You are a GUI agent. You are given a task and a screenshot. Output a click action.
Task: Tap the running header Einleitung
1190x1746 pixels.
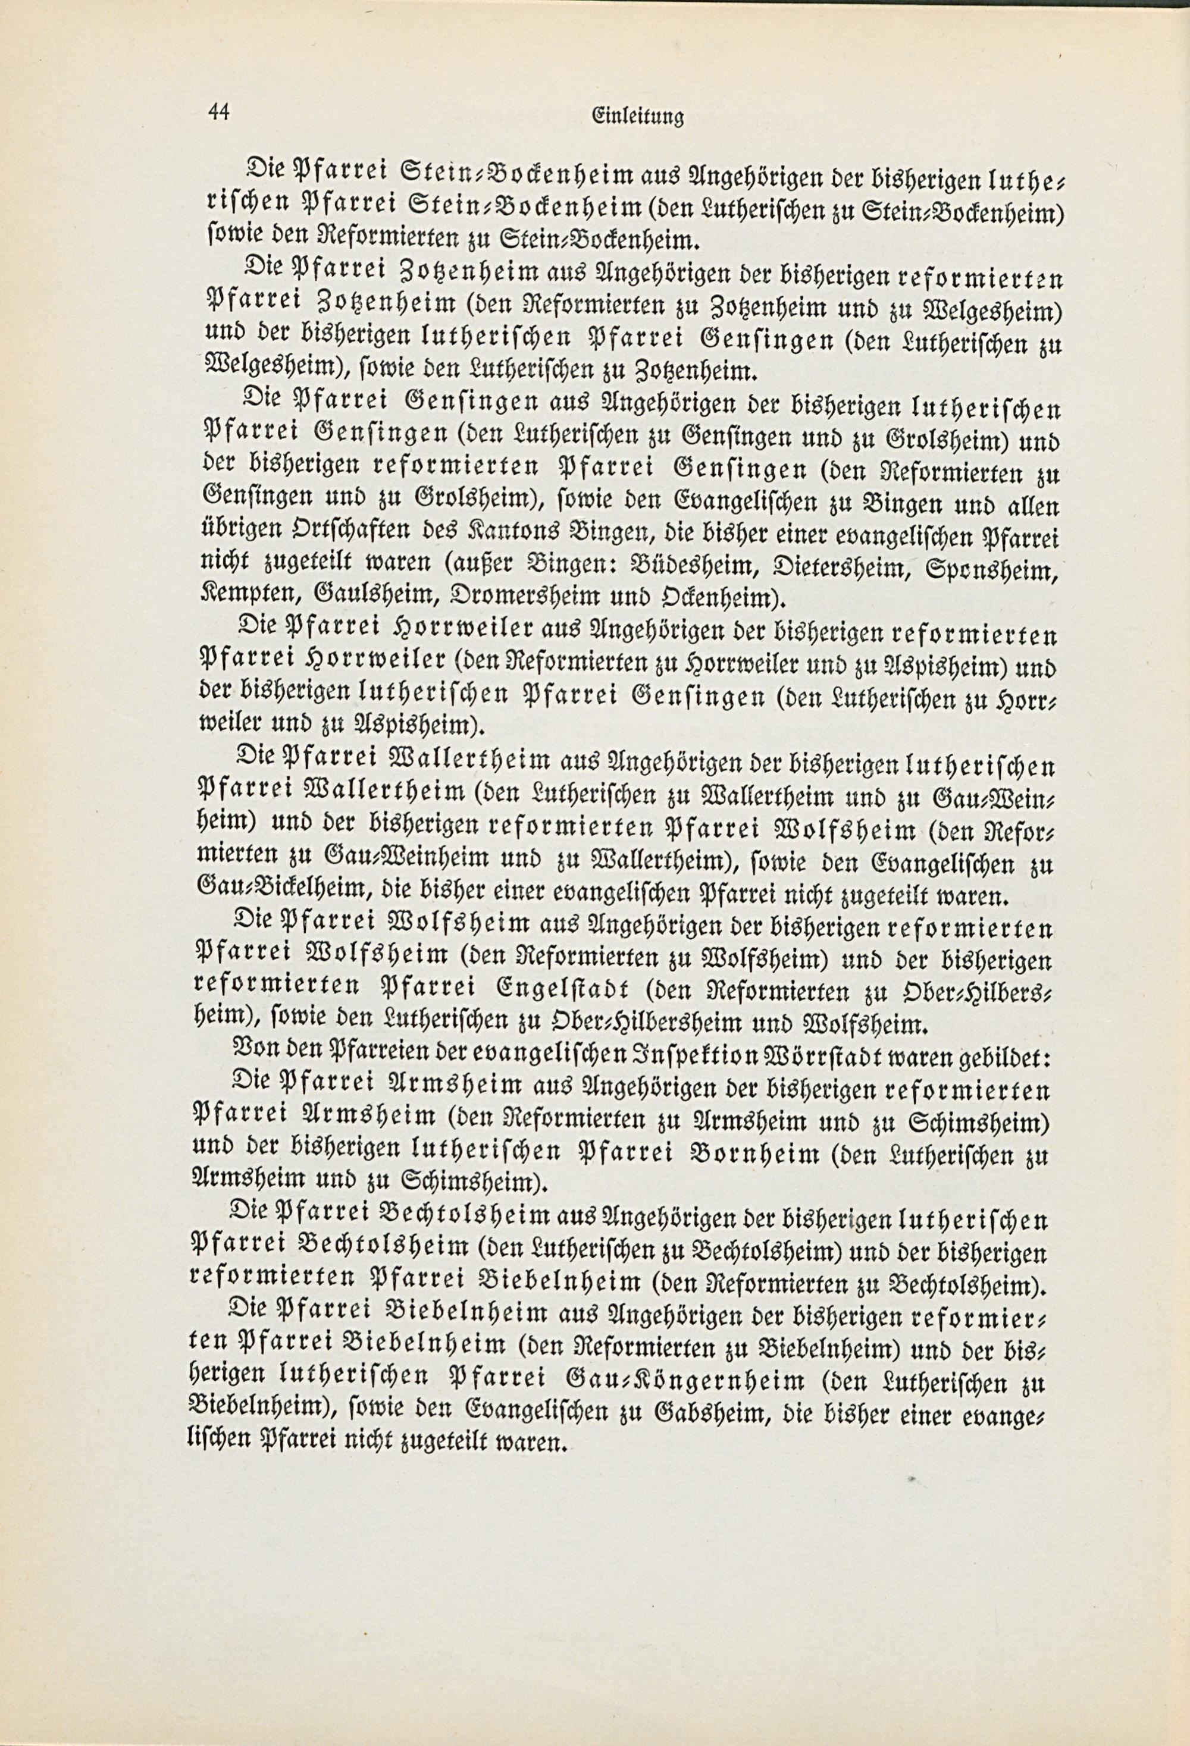click(x=638, y=117)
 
